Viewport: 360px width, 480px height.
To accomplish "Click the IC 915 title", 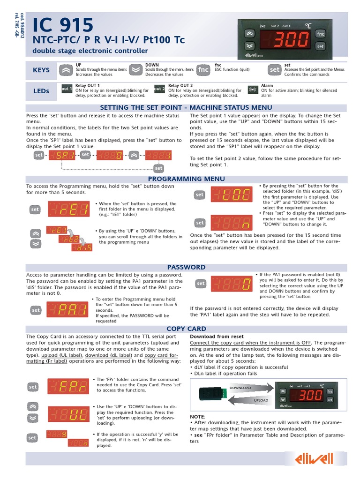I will [62, 24].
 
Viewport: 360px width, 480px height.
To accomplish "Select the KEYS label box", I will [41, 70].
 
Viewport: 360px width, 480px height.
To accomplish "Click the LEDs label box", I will [41, 91].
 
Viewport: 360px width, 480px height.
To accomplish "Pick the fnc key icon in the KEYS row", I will [203, 70].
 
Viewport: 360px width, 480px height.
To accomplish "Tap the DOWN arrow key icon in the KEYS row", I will [135, 70].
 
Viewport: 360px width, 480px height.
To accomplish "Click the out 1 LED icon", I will [67, 89].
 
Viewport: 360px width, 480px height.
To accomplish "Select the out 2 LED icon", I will [159, 89].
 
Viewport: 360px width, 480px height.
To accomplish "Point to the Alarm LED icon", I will [253, 89].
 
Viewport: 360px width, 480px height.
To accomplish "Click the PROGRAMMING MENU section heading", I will [186, 179].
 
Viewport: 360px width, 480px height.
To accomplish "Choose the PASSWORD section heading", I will [186, 267].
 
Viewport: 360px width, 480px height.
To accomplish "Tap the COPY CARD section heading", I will [186, 329].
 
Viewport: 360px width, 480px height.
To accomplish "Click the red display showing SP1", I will [61, 155].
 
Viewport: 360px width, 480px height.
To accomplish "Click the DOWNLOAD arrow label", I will [240, 388].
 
